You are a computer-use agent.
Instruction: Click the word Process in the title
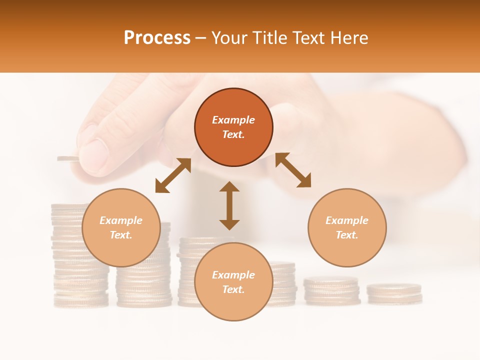[157, 38]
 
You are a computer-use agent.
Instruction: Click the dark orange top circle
[233, 127]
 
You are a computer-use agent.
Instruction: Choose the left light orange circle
[121, 227]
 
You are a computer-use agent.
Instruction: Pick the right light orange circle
[347, 227]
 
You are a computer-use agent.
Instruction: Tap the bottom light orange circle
[233, 281]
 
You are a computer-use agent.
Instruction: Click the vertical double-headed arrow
[229, 205]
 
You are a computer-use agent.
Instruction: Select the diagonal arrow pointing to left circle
[173, 175]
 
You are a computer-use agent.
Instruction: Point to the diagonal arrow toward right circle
[293, 170]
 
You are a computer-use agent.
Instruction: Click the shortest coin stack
[394, 294]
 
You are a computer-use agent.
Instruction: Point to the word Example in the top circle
[233, 120]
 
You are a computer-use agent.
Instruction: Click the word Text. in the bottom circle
[233, 289]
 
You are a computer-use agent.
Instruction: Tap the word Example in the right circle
[347, 220]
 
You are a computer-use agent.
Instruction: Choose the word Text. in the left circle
[121, 235]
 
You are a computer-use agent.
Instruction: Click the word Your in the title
[227, 38]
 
